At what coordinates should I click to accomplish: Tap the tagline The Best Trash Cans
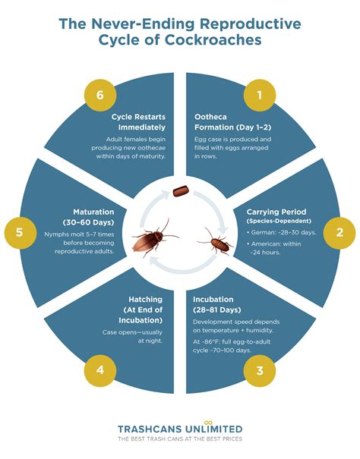[180, 439]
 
